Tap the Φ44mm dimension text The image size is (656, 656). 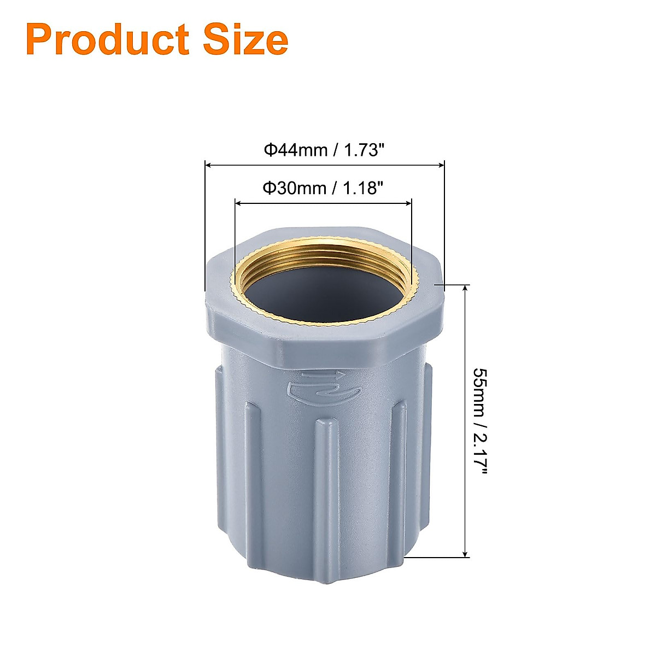[296, 150]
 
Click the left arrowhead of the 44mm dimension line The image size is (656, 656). [208, 164]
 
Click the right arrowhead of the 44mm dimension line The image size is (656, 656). [441, 164]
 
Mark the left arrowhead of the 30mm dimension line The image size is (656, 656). [238, 203]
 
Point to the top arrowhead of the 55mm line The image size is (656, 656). [465, 289]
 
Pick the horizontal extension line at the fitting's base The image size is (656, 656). [437, 558]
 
